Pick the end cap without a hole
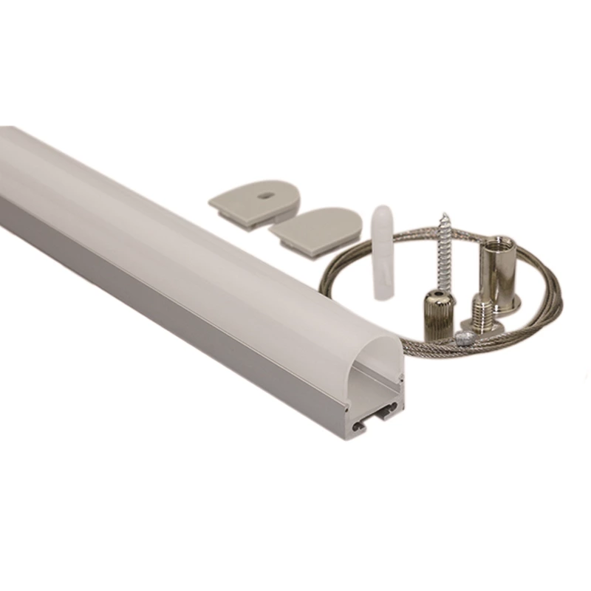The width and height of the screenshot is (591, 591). point(318,225)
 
